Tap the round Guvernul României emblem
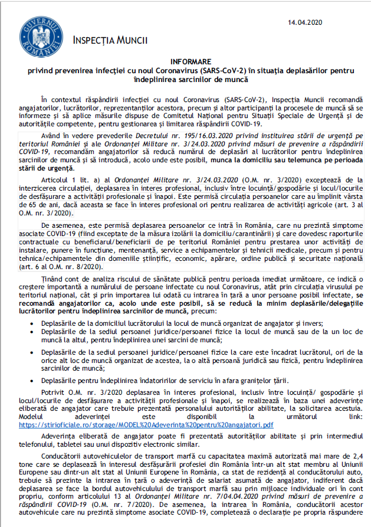(x=37, y=36)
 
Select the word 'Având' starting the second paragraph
(x=51, y=136)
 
